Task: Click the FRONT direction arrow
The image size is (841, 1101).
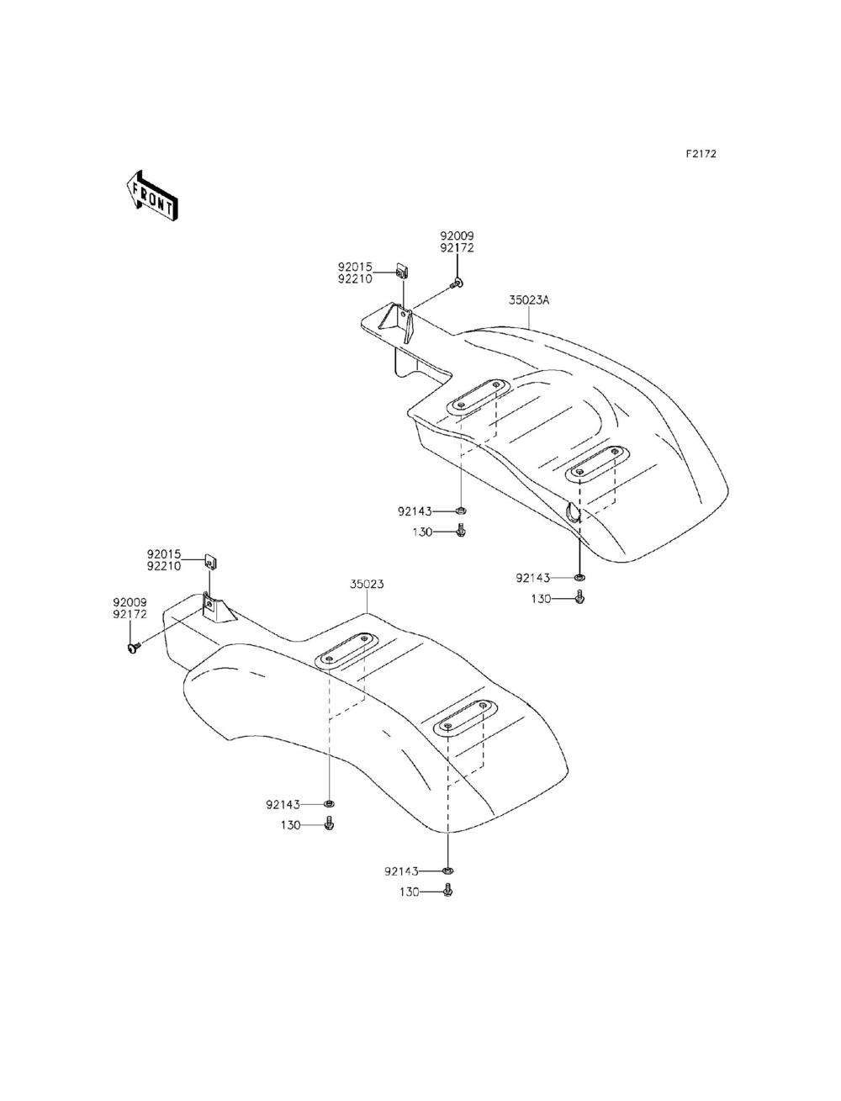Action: tap(151, 196)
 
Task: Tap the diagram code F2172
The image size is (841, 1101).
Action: tap(701, 153)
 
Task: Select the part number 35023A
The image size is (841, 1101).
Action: tap(529, 300)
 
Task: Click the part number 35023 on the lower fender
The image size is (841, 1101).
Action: tap(367, 584)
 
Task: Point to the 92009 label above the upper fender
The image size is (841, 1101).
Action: tap(457, 236)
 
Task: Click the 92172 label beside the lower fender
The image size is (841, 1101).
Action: tap(130, 614)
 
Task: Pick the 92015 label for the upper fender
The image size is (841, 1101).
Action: tap(355, 267)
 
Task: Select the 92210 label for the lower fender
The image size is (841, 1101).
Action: tap(164, 566)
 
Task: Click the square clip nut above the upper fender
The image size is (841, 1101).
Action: tap(402, 270)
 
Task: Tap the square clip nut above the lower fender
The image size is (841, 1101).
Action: tap(211, 561)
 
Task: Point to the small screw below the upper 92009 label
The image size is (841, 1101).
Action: tap(457, 284)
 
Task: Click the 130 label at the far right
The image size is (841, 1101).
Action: tap(541, 598)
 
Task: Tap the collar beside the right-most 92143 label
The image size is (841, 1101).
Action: tap(579, 578)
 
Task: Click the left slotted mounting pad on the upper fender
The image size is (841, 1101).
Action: tap(475, 397)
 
